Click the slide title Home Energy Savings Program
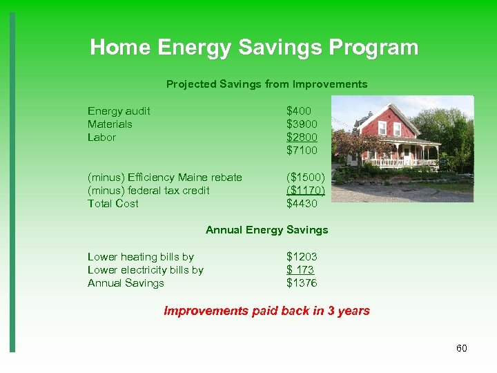pyautogui.click(x=254, y=48)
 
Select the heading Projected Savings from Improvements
pyautogui.click(x=266, y=84)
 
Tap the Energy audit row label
pyautogui.click(x=119, y=111)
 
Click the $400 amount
pyautogui.click(x=299, y=111)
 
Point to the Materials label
pyautogui.click(x=110, y=124)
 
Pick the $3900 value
pyautogui.click(x=302, y=124)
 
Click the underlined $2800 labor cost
pyautogui.click(x=302, y=137)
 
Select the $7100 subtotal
pyautogui.click(x=302, y=151)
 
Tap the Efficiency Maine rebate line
pyautogui.click(x=164, y=178)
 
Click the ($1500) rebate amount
pyautogui.click(x=305, y=178)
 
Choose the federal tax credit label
pyautogui.click(x=148, y=191)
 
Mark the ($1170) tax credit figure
pyautogui.click(x=305, y=191)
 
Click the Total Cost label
pyautogui.click(x=113, y=204)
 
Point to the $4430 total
pyautogui.click(x=302, y=204)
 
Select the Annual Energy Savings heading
pyautogui.click(x=266, y=230)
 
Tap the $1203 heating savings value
pyautogui.click(x=302, y=257)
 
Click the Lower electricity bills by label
pyautogui.click(x=145, y=270)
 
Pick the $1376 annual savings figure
pyautogui.click(x=302, y=283)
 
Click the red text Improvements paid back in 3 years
pyautogui.click(x=266, y=311)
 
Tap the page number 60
pyautogui.click(x=462, y=348)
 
